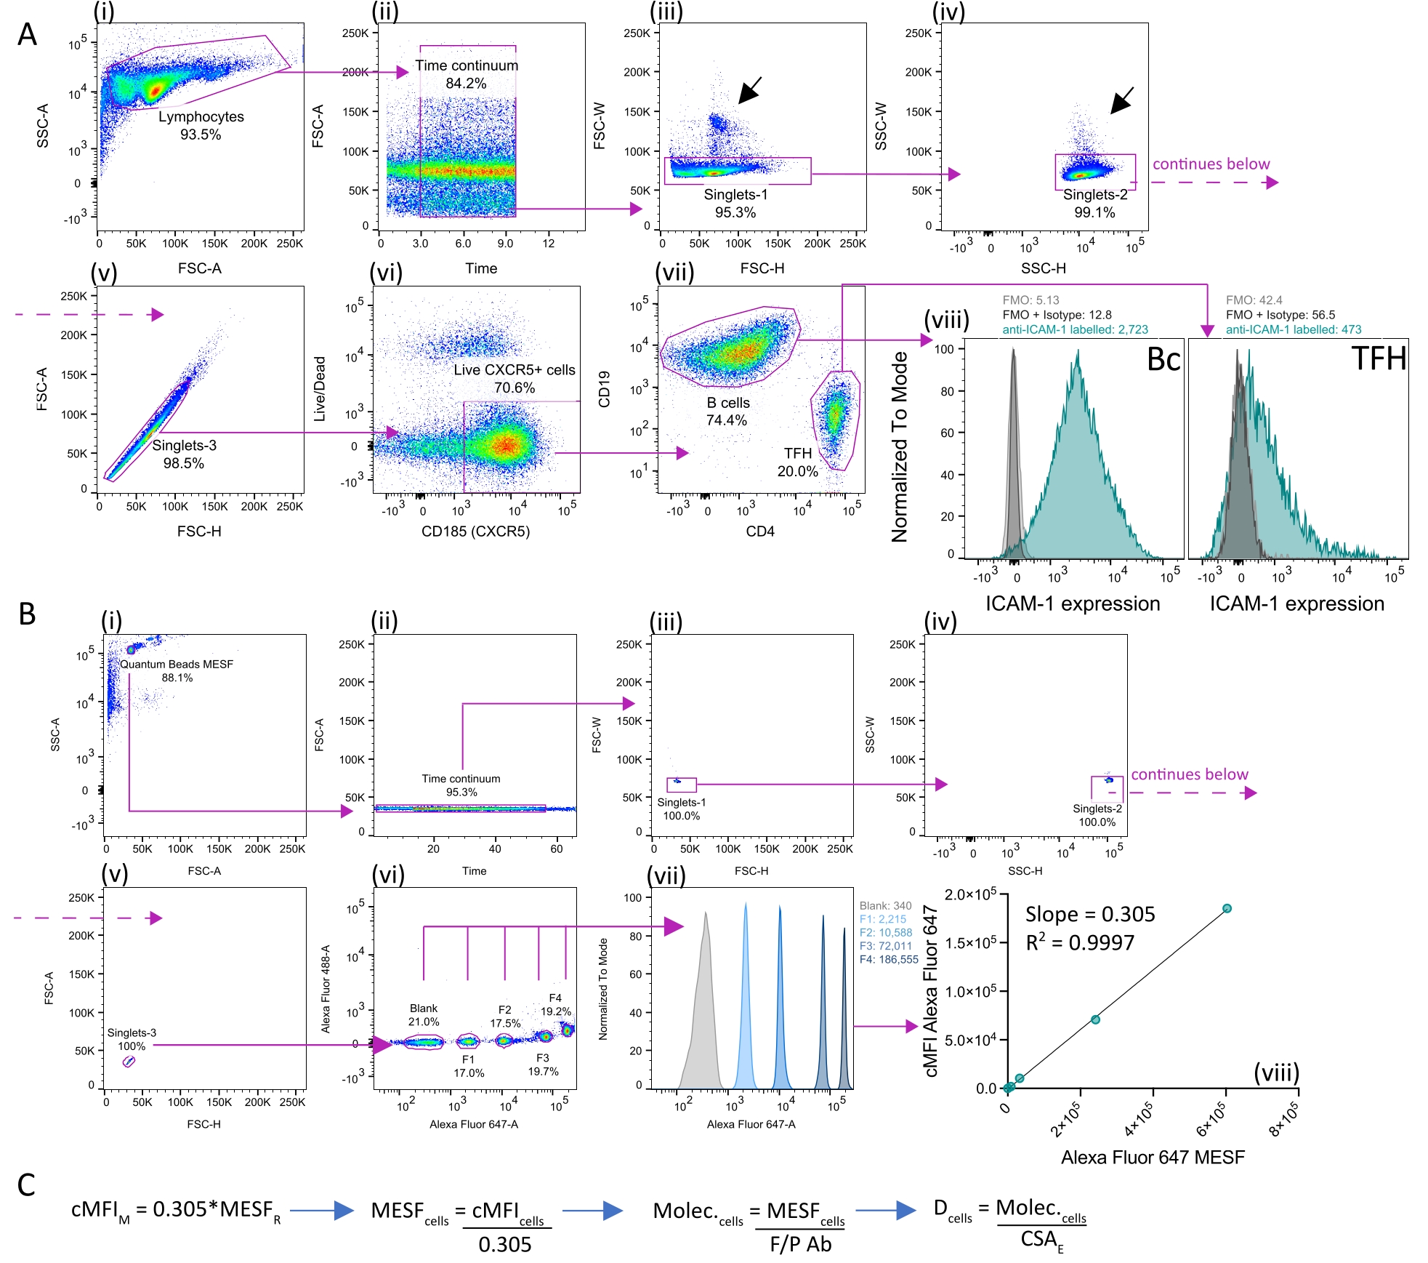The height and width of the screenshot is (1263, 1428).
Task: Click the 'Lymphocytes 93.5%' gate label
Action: (x=201, y=125)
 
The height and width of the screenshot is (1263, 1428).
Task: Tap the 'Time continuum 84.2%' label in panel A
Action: (x=467, y=74)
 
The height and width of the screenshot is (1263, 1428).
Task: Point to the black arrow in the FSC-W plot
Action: (x=750, y=89)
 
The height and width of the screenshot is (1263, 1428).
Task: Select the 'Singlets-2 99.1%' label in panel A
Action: (x=1094, y=203)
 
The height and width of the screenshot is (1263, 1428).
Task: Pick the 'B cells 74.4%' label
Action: (x=727, y=411)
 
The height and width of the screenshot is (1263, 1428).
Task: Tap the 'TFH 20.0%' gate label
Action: (x=797, y=462)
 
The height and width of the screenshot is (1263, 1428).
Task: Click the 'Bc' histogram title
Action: (x=1163, y=359)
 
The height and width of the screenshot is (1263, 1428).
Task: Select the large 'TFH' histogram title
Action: (x=1378, y=358)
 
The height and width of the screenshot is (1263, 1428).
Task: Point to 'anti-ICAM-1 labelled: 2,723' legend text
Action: (x=1075, y=329)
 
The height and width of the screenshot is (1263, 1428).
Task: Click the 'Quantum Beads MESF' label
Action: (x=177, y=664)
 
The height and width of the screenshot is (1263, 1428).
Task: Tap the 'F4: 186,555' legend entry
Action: (x=889, y=959)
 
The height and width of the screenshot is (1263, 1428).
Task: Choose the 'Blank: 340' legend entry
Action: (x=885, y=905)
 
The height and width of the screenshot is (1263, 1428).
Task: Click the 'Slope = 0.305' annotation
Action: (x=1089, y=914)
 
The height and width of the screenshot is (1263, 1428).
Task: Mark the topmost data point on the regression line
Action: (x=1227, y=908)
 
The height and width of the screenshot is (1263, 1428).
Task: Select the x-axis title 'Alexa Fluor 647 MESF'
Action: (x=1153, y=1157)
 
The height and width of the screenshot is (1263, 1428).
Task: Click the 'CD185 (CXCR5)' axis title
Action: (x=475, y=531)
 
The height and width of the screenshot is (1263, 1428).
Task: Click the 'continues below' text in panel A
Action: (x=1211, y=164)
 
